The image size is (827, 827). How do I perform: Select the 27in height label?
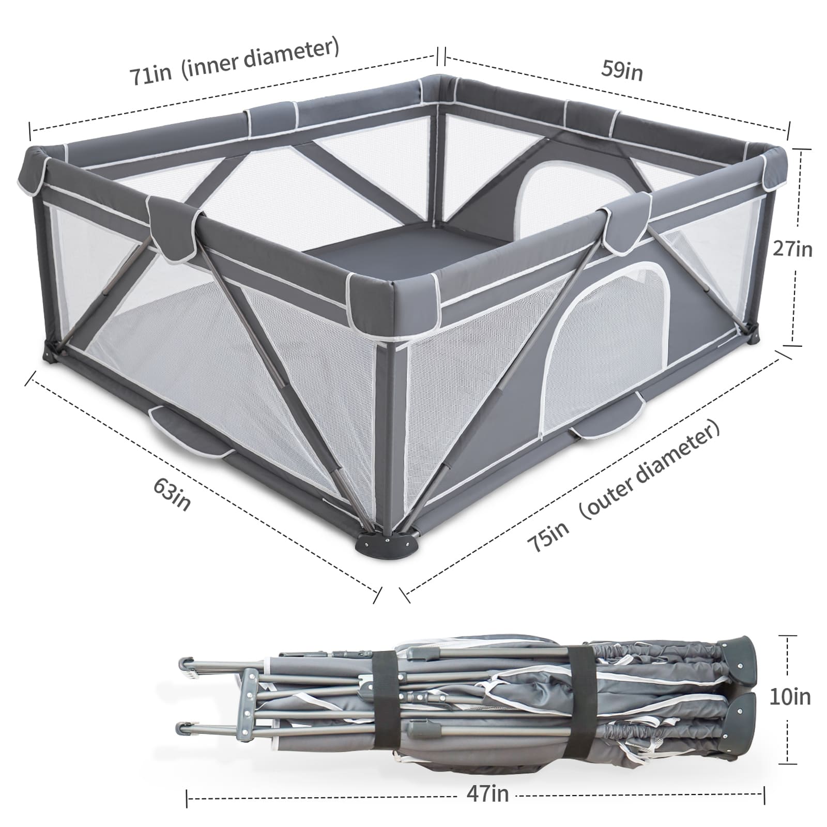click(792, 250)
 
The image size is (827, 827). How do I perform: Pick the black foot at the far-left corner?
click(51, 356)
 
